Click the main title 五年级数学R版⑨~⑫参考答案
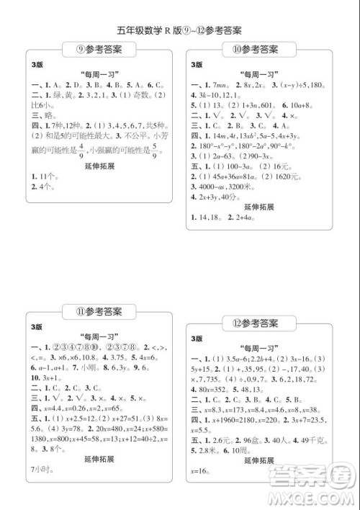(x=179, y=31)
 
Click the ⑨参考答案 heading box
(x=99, y=49)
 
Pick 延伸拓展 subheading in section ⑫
(x=257, y=459)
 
